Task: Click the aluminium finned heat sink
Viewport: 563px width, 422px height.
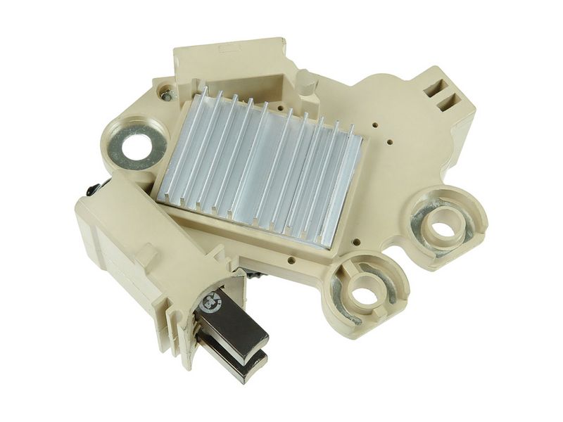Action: (260, 169)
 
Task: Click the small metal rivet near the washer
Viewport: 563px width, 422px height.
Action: (166, 92)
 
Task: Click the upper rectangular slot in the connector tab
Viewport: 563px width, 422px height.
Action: (443, 89)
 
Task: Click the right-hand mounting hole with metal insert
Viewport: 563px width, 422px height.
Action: (442, 227)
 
